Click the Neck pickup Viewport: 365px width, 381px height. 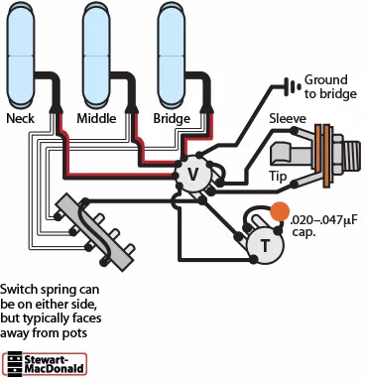[21, 56]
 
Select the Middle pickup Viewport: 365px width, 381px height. [96, 56]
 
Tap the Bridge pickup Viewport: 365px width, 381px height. [172, 56]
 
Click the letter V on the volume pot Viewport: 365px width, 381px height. [192, 174]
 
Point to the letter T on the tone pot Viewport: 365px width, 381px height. [265, 246]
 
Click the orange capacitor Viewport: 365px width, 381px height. [280, 211]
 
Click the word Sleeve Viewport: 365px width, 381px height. [288, 118]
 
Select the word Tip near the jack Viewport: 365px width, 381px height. [278, 177]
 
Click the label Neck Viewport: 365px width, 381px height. [21, 118]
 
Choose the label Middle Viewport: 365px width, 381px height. [96, 118]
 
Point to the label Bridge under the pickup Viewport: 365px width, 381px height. [172, 118]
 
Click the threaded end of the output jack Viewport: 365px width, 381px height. [351, 154]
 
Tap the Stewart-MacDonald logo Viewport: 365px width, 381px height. [45, 364]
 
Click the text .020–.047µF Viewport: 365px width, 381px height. [324, 220]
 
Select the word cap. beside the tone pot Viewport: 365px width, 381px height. [304, 232]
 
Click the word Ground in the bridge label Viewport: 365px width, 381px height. [326, 79]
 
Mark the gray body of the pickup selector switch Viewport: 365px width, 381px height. [95, 232]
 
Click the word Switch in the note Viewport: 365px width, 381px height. [19, 290]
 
